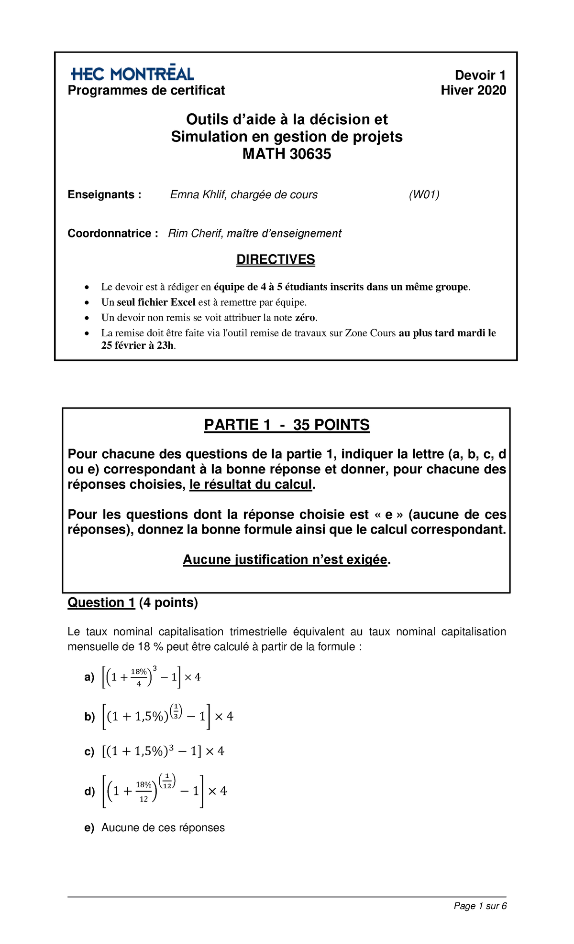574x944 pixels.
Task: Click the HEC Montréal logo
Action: [x=132, y=74]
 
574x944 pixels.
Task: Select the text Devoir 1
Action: [x=480, y=75]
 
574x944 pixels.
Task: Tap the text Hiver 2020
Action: [x=473, y=90]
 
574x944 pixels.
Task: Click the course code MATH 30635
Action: [x=287, y=154]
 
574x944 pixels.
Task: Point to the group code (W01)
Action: [x=424, y=194]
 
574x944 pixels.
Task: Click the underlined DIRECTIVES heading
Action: [x=276, y=259]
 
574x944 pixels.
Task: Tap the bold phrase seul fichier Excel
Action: [x=156, y=302]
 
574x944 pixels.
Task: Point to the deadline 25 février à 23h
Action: [x=137, y=345]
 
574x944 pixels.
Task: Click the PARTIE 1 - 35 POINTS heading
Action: [x=287, y=425]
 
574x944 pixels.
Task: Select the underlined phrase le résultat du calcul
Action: [x=251, y=484]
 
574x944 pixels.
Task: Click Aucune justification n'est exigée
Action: [x=285, y=559]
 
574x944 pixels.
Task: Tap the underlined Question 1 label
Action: [x=101, y=602]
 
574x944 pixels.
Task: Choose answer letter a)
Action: [x=89, y=677]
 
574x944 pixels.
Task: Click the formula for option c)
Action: [x=163, y=751]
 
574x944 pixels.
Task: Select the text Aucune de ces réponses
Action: [x=163, y=827]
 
